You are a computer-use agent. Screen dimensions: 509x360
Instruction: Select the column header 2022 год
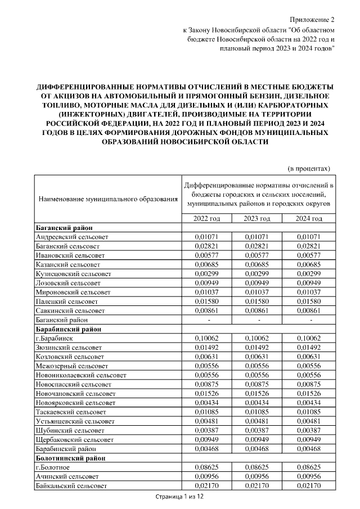(x=206, y=218)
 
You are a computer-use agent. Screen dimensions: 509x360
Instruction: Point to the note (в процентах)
(x=308, y=168)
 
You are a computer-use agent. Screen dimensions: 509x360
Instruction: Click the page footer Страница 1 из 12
(x=179, y=497)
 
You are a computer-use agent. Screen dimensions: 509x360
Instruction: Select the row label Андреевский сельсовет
(x=71, y=237)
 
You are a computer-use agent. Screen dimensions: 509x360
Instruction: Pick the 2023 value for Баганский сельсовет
(x=258, y=246)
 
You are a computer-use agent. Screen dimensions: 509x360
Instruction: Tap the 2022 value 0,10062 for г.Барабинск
(x=206, y=338)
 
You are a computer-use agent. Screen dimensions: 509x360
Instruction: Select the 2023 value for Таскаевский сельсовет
(x=258, y=411)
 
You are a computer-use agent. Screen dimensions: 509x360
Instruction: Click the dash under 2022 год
(x=206, y=319)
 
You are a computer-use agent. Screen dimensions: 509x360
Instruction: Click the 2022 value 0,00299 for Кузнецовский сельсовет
(x=206, y=274)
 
